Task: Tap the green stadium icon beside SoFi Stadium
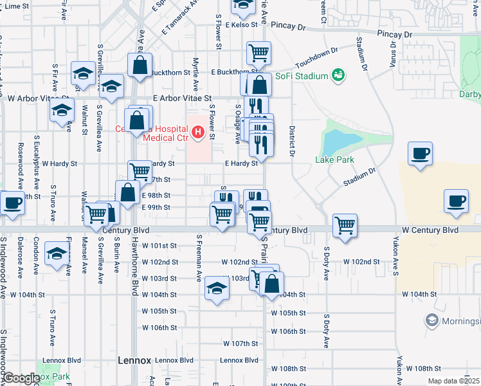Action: pyautogui.click(x=337, y=76)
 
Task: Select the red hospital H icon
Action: pyautogui.click(x=198, y=133)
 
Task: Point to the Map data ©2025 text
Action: pyautogui.click(x=455, y=381)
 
